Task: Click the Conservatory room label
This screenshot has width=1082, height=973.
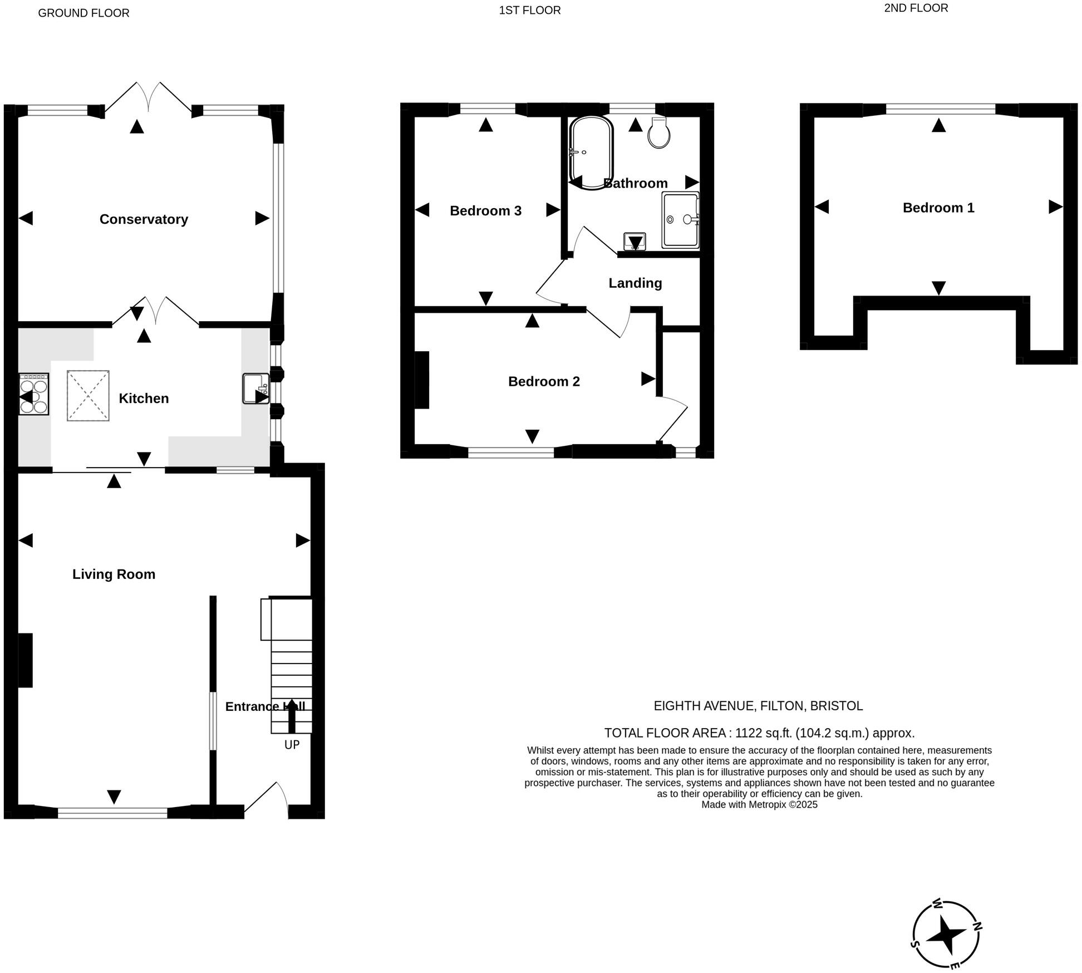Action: coord(144,219)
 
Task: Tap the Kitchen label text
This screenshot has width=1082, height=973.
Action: coord(144,399)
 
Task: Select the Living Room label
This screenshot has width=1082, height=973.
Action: coord(114,574)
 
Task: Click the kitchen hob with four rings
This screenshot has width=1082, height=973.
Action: coord(33,394)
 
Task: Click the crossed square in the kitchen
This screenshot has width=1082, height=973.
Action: coord(88,396)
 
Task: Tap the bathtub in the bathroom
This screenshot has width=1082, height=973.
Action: coord(591,153)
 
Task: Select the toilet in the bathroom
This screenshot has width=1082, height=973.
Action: coord(659,133)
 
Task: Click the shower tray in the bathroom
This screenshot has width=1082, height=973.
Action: coord(680,220)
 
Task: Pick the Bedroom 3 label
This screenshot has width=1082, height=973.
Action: coord(485,211)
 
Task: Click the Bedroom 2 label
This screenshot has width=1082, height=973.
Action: coord(544,382)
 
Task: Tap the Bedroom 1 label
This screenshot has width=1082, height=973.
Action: coord(938,208)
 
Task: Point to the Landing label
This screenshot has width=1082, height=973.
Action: coord(635,283)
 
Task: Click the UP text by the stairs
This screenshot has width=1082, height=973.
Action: coord(292,745)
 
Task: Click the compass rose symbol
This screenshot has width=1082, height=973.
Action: coord(946,933)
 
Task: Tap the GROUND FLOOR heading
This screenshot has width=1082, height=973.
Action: coord(83,13)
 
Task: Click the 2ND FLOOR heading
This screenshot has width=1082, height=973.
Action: coord(916,8)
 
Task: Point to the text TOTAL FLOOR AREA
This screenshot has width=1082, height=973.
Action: coord(665,733)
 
